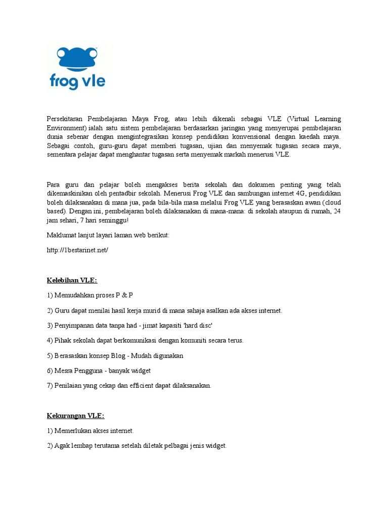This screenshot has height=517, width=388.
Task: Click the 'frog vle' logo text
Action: [x=77, y=81]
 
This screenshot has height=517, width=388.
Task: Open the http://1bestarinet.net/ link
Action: [x=77, y=250]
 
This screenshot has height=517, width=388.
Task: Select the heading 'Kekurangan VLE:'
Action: [x=75, y=416]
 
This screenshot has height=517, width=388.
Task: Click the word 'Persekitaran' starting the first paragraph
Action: [x=64, y=119]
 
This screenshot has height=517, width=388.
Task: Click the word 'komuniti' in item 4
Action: [x=190, y=340]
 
